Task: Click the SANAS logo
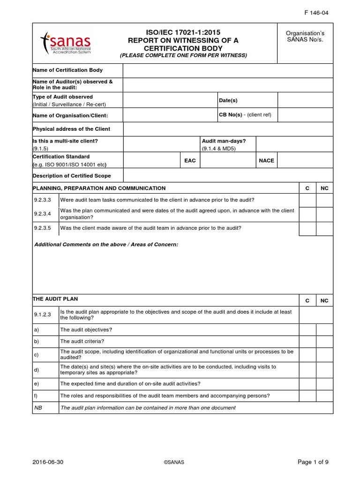[66, 43]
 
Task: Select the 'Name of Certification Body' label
[67, 70]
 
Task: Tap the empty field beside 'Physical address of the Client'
[228, 129]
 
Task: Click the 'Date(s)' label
[228, 100]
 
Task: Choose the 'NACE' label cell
[266, 160]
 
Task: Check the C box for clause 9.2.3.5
[307, 228]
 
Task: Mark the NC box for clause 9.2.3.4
[324, 214]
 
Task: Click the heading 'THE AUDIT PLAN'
[55, 299]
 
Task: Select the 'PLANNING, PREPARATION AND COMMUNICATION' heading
[99, 188]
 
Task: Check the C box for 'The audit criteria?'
[307, 342]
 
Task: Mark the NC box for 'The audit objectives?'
[324, 330]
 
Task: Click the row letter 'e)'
[37, 384]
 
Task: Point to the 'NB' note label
[38, 408]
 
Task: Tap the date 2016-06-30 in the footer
[48, 462]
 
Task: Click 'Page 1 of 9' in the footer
[313, 462]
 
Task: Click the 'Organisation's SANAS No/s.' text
[305, 36]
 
